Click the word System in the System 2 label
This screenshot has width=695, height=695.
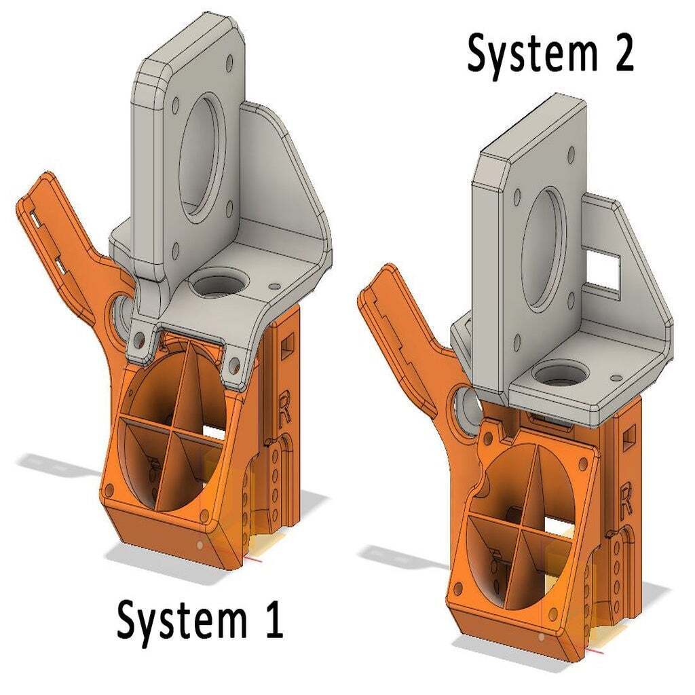point(532,56)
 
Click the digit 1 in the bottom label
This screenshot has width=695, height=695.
point(273,620)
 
